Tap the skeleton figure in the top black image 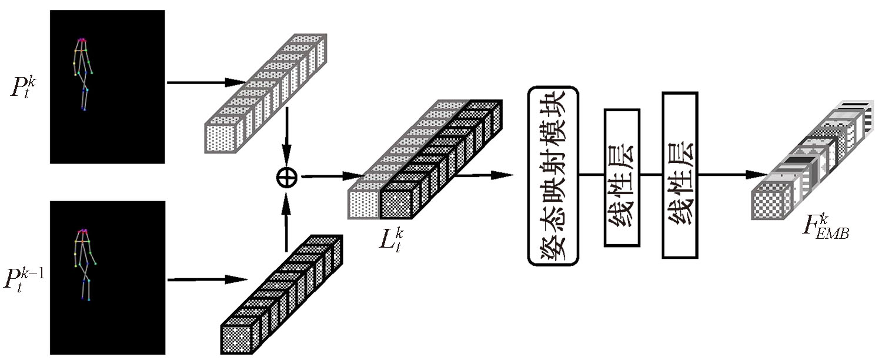pos(83,74)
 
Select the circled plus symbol pos(287,177)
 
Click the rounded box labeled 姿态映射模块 pos(553,176)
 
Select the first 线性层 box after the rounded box pos(622,177)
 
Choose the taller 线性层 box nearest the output pos(680,175)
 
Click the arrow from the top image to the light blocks pos(206,82)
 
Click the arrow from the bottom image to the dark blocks pos(206,279)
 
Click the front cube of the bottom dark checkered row pos(236,338)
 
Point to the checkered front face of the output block pos(770,204)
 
